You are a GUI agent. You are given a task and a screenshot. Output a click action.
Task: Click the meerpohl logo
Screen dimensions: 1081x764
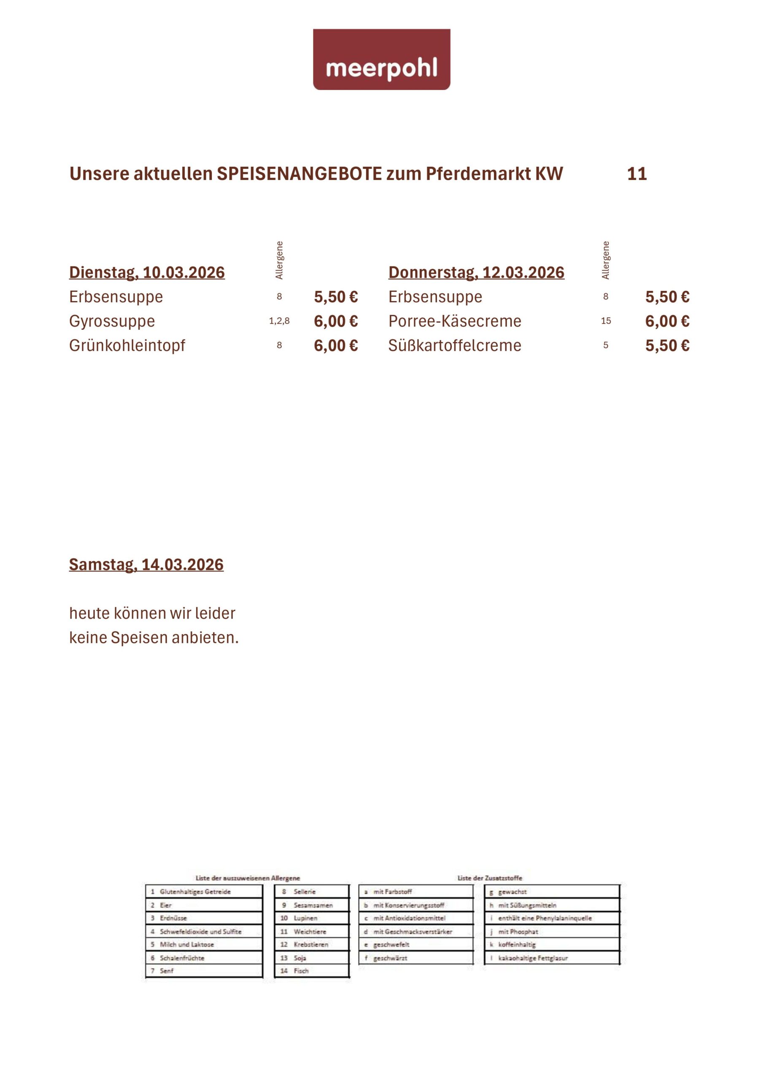pyautogui.click(x=381, y=60)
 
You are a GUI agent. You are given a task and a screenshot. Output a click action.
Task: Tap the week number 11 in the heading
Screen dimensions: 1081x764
pyautogui.click(x=637, y=174)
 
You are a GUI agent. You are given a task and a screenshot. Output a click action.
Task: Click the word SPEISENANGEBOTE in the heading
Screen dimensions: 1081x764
pyautogui.click(x=299, y=174)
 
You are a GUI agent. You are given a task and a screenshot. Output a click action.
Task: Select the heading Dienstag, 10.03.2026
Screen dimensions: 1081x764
pyautogui.click(x=147, y=273)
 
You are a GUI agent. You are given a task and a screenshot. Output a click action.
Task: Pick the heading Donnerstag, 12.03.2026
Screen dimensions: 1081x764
pyautogui.click(x=476, y=273)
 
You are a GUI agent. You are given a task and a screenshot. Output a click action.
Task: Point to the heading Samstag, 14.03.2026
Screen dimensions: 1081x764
pyautogui.click(x=146, y=565)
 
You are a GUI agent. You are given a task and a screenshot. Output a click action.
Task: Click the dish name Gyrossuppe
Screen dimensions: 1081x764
pyautogui.click(x=112, y=321)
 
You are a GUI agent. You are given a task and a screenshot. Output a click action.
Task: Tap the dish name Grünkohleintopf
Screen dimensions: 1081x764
pyautogui.click(x=127, y=345)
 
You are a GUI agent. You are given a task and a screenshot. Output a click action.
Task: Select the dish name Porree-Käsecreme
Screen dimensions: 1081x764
pyautogui.click(x=454, y=321)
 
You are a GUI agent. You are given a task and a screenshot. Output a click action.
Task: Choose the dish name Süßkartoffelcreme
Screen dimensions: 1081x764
pyautogui.click(x=454, y=345)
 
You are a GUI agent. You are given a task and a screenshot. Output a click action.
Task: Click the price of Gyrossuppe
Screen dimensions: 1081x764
pyautogui.click(x=336, y=321)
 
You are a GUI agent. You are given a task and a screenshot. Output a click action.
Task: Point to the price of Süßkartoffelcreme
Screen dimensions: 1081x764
pyautogui.click(x=667, y=345)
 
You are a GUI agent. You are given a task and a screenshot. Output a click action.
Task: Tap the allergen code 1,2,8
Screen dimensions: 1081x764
pyautogui.click(x=279, y=321)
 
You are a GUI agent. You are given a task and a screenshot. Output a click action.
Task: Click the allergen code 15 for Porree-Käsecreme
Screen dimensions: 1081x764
pyautogui.click(x=606, y=321)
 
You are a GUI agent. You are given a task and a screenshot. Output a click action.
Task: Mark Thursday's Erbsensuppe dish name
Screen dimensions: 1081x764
pyautogui.click(x=435, y=296)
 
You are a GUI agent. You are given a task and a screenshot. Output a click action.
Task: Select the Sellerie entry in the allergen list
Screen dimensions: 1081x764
pyautogui.click(x=305, y=892)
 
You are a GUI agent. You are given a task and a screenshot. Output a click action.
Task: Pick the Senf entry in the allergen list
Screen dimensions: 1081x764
pyautogui.click(x=167, y=971)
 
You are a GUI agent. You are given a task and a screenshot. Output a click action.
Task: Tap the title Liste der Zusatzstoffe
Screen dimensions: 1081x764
pyautogui.click(x=489, y=878)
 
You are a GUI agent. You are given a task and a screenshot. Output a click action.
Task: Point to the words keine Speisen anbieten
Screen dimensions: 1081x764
pyautogui.click(x=154, y=638)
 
